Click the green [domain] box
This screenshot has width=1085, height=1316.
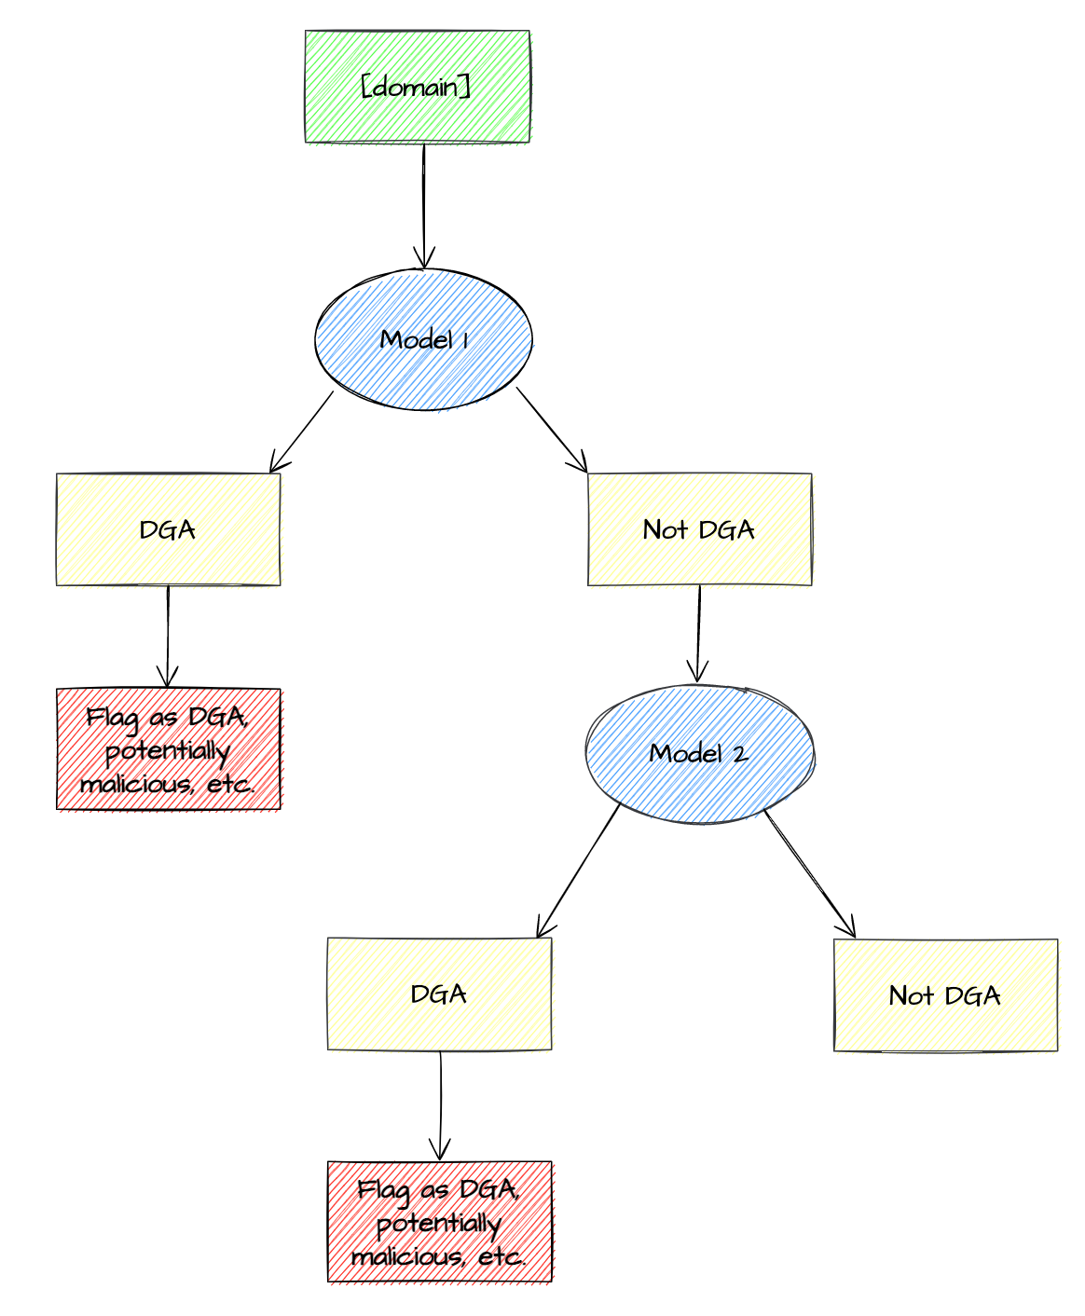point(417,87)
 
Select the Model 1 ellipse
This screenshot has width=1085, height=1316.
point(424,340)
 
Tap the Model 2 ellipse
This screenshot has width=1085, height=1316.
point(699,753)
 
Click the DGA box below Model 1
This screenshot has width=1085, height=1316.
point(168,529)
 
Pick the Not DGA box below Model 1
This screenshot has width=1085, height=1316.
point(699,529)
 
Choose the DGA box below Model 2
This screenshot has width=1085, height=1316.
point(439,994)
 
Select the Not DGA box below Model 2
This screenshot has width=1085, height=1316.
point(945,995)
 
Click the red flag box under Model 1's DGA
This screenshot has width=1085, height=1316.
point(168,750)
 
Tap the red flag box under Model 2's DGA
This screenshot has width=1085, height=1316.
point(439,1222)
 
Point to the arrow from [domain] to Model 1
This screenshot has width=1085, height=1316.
point(424,205)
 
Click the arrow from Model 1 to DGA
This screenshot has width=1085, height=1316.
point(301,432)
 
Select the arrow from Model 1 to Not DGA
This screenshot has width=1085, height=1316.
point(552,430)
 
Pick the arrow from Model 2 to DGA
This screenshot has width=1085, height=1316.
point(578,870)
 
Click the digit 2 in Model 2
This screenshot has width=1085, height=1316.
point(739,754)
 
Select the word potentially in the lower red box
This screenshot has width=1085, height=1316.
point(439,1223)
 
